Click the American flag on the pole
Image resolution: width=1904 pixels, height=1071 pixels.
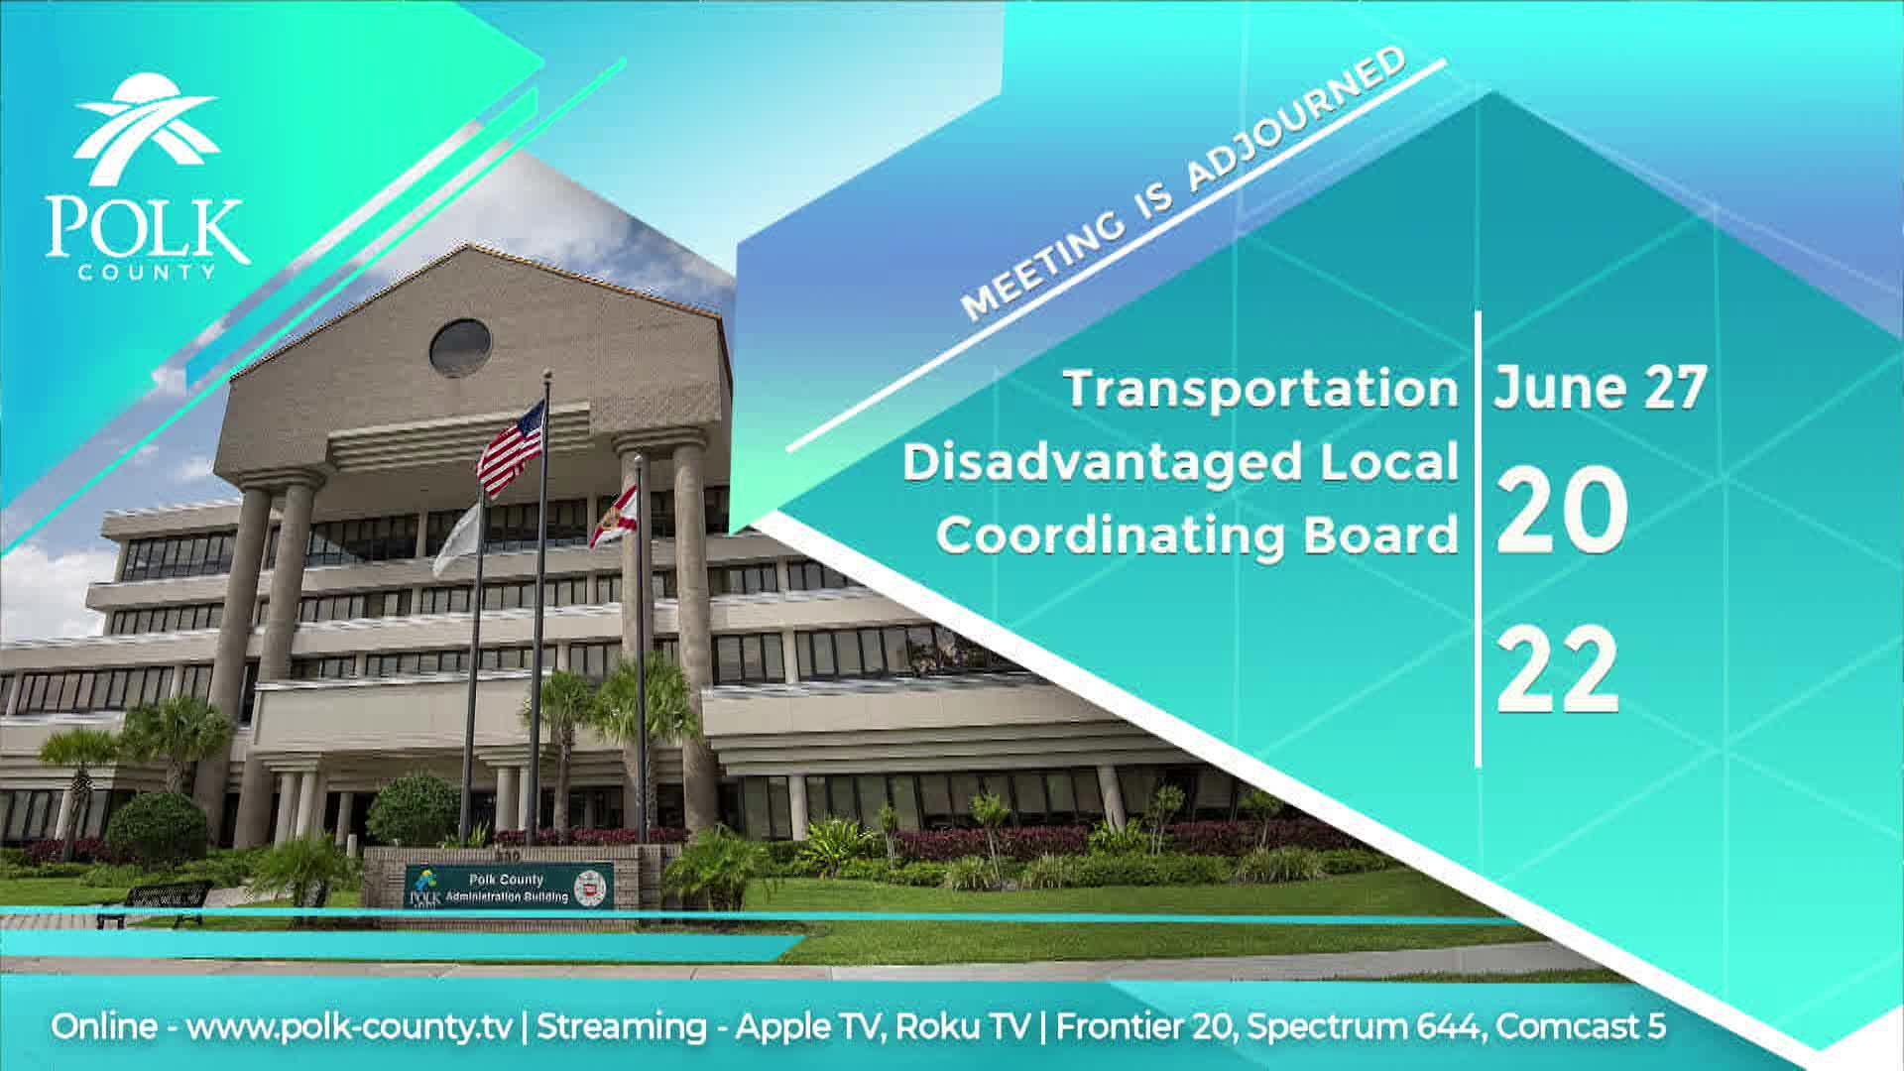(512, 448)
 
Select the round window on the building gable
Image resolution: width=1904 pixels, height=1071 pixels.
(460, 347)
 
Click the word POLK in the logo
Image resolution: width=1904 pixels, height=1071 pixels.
(146, 230)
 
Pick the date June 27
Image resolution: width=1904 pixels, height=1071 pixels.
(1601, 388)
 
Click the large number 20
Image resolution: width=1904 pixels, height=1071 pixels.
(1561, 511)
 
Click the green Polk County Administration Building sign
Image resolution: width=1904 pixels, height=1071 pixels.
(509, 886)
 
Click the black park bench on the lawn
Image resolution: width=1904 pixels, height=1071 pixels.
(156, 901)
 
